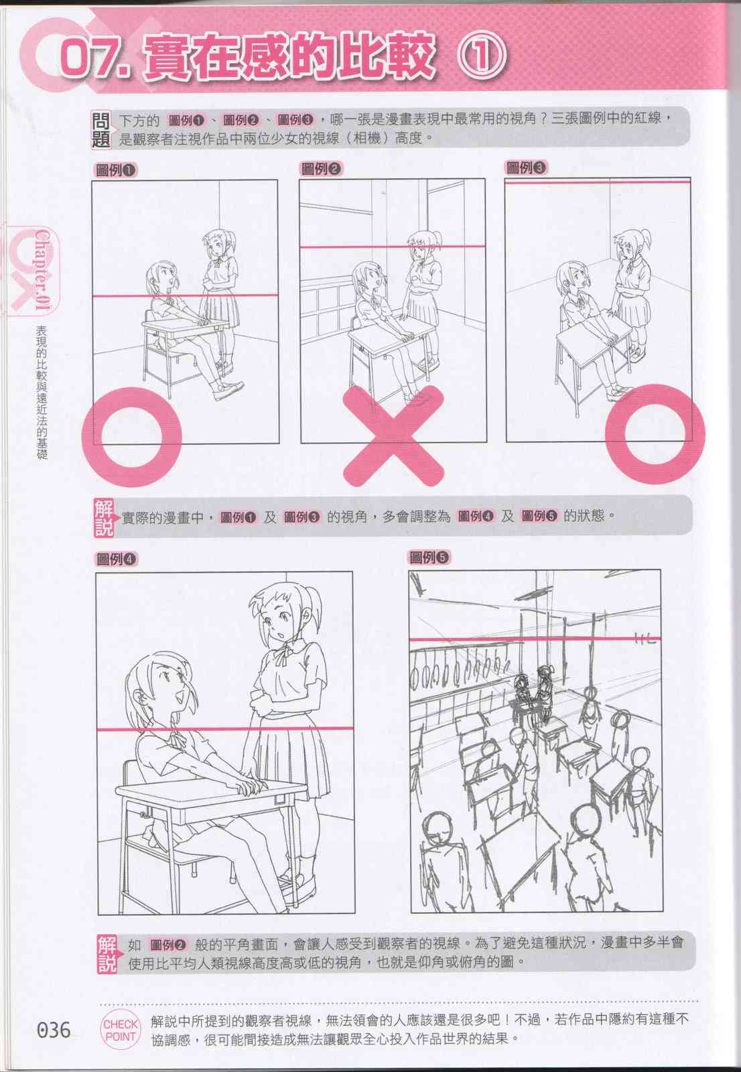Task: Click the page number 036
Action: click(x=53, y=1029)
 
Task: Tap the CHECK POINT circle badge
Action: click(x=121, y=1030)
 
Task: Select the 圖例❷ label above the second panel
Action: click(x=321, y=169)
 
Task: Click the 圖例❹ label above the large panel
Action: click(x=117, y=559)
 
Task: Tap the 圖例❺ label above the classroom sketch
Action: click(x=429, y=557)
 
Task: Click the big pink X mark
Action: click(x=393, y=435)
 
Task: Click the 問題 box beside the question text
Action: click(x=100, y=130)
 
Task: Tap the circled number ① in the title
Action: click(x=482, y=56)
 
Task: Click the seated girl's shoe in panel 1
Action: click(x=227, y=390)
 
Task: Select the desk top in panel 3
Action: click(x=593, y=334)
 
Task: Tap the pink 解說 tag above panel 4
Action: click(x=104, y=517)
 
